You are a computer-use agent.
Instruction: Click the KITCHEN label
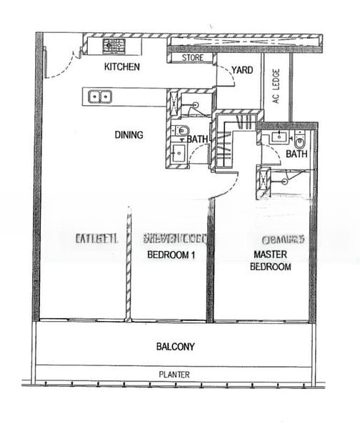click(121, 66)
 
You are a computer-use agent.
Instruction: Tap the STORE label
click(192, 57)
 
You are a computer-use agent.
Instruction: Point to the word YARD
click(242, 71)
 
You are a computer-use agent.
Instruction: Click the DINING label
click(129, 134)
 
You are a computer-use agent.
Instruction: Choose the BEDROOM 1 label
click(171, 255)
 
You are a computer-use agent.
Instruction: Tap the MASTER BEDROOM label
click(270, 260)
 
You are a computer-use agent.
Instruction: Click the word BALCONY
click(175, 347)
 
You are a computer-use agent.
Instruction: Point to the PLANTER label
click(175, 374)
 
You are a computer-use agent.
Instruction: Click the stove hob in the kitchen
click(114, 46)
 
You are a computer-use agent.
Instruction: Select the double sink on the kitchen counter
click(101, 96)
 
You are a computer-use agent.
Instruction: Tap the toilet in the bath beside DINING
click(180, 130)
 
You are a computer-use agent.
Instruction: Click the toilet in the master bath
click(299, 138)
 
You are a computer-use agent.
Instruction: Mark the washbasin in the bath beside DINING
click(177, 153)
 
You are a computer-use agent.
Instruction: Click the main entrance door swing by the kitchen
click(61, 61)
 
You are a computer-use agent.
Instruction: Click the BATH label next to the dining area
click(198, 139)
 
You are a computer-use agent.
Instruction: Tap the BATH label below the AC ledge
click(296, 154)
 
